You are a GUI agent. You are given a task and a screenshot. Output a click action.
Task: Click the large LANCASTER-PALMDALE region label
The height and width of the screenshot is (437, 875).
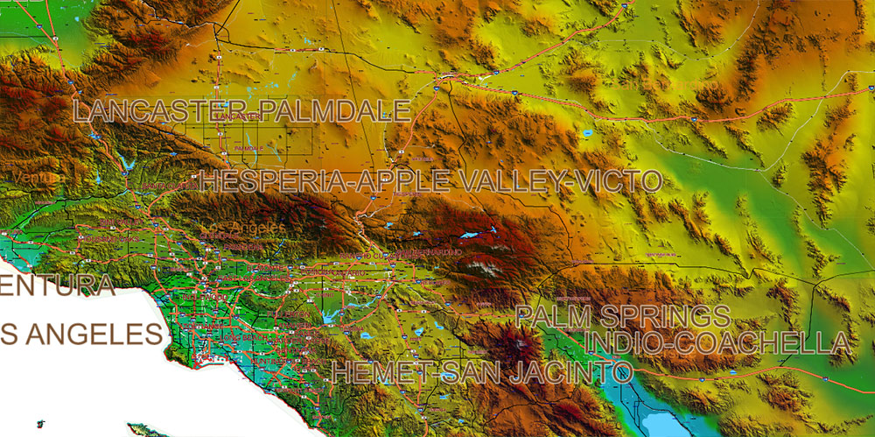(241, 111)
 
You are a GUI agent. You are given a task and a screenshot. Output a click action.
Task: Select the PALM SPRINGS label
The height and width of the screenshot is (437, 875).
(622, 316)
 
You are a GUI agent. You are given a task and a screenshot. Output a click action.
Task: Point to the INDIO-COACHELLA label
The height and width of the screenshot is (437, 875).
(717, 342)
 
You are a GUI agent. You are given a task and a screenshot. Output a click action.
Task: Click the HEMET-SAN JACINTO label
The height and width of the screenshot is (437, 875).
(481, 371)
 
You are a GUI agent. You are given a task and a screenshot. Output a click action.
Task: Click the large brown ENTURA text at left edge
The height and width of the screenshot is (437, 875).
(58, 285)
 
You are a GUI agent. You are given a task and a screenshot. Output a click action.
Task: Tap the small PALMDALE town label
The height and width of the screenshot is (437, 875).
(248, 150)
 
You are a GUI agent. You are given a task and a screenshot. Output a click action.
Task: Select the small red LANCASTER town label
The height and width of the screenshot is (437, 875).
(236, 116)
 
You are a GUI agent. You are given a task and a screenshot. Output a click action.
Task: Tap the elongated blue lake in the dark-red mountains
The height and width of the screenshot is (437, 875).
(475, 235)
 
